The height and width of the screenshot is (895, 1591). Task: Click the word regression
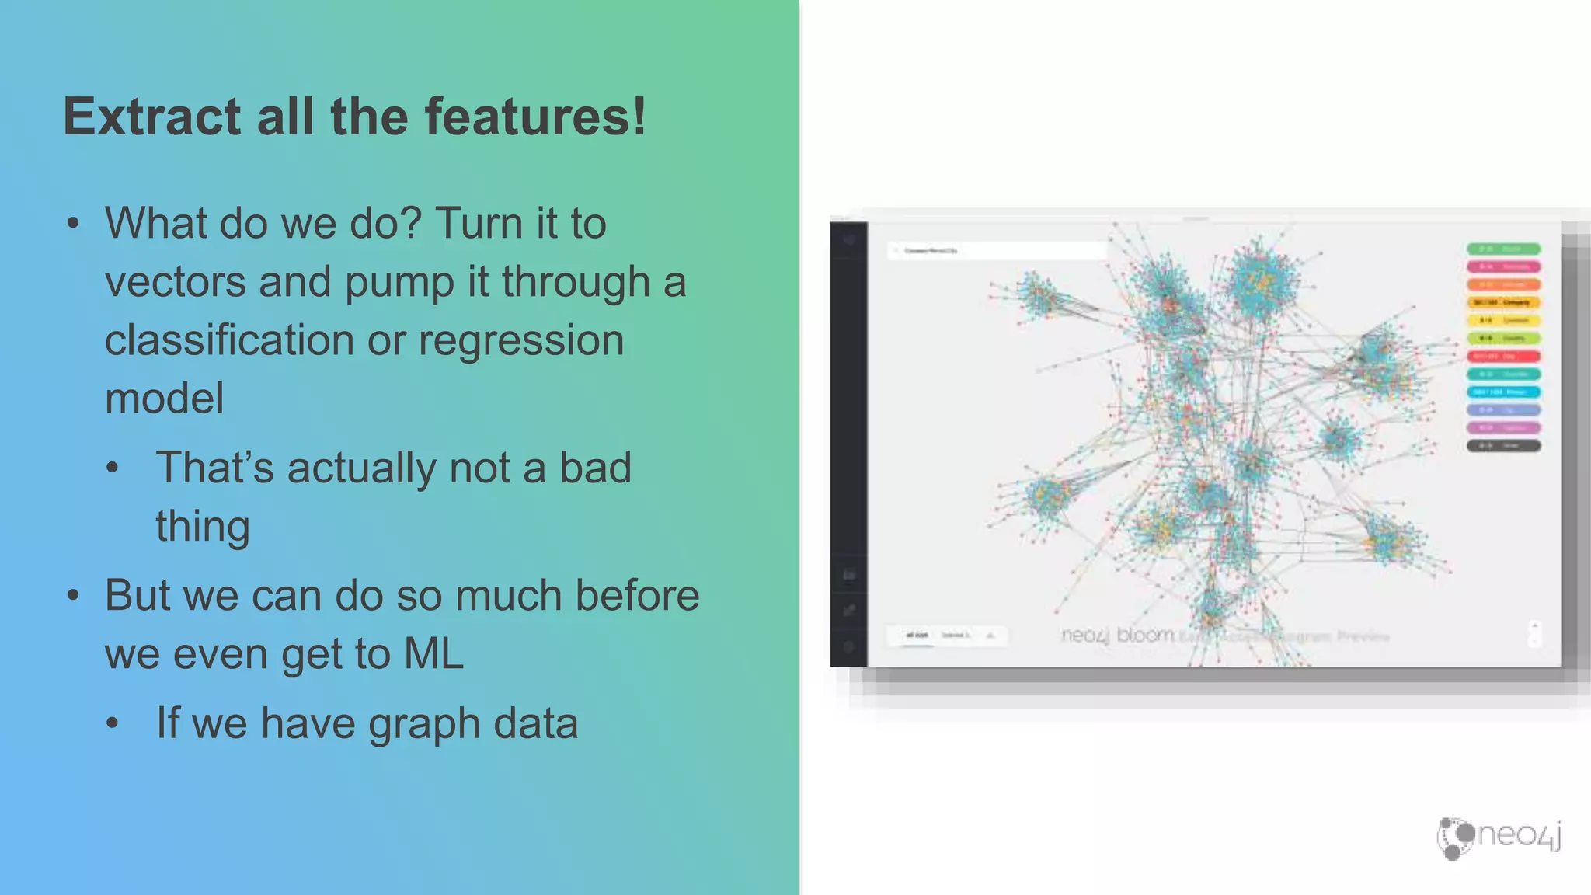point(520,340)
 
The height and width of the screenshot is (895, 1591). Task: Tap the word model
point(164,398)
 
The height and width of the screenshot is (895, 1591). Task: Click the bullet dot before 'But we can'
point(73,596)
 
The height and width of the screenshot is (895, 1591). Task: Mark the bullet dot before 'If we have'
point(113,724)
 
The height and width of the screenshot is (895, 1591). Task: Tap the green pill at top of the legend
point(1503,249)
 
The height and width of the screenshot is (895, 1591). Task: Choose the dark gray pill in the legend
point(1503,445)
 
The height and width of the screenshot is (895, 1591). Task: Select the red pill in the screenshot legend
point(1503,356)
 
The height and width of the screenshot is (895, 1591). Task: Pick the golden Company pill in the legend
point(1503,302)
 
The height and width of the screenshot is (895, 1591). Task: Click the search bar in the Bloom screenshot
point(997,250)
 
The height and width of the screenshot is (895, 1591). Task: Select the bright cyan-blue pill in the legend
point(1503,392)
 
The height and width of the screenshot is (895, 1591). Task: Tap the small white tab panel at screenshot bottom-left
point(947,636)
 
